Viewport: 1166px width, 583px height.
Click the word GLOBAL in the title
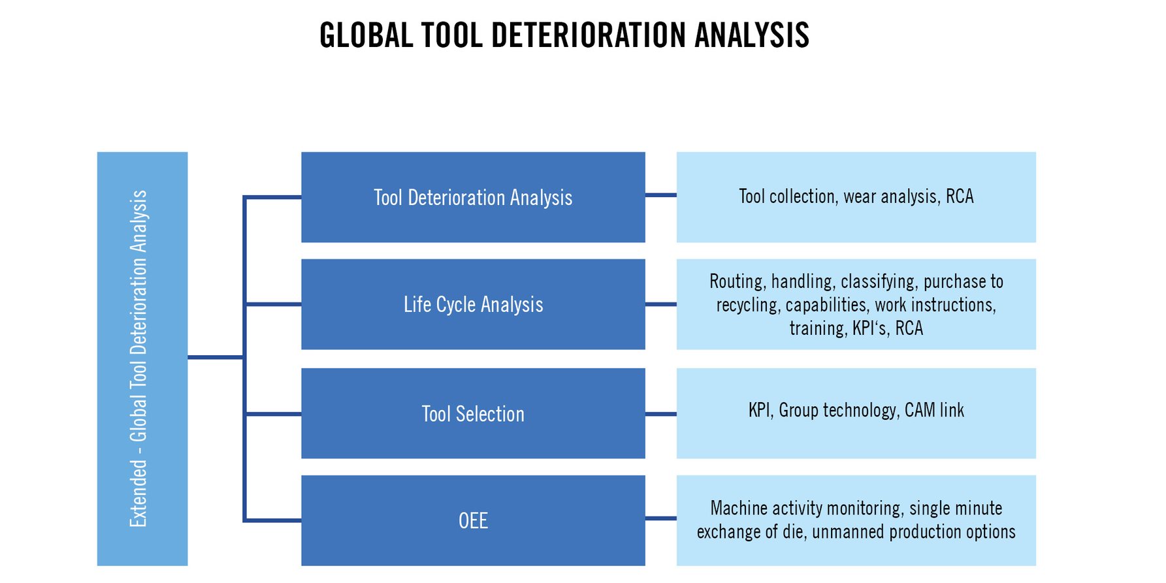[x=366, y=35]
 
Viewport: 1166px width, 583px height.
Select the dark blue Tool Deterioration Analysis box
[x=473, y=197]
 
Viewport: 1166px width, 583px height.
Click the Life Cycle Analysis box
[x=473, y=304]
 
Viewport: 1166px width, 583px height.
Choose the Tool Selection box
[x=473, y=413]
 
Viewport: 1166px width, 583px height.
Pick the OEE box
[x=473, y=520]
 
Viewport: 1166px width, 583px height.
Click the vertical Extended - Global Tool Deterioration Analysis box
[x=142, y=359]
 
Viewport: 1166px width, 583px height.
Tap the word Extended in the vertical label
[x=138, y=493]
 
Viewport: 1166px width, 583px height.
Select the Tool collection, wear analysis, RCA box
[x=856, y=197]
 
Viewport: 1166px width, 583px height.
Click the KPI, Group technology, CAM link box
[x=856, y=413]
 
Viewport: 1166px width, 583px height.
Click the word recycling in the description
[x=749, y=305]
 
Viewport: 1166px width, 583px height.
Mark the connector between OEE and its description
[x=661, y=518]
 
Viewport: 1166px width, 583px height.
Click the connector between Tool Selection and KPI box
[x=661, y=414]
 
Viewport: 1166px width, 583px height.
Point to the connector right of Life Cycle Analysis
[x=661, y=304]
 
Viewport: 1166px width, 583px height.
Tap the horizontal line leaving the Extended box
[x=216, y=357]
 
